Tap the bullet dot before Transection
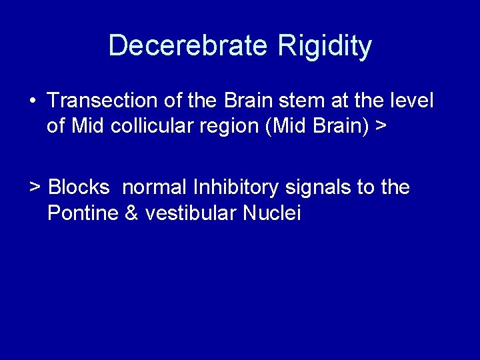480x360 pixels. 33,102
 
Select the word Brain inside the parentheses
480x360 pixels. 332,126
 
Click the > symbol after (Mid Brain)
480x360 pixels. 381,127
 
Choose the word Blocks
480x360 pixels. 79,187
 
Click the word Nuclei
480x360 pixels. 272,213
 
